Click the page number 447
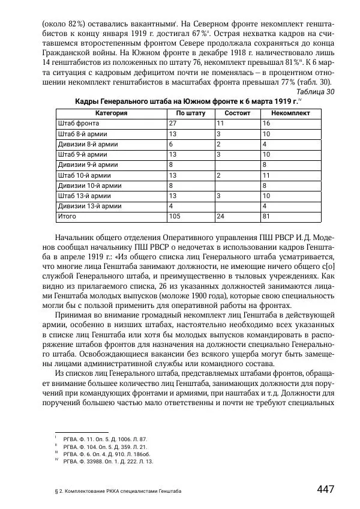tap(325, 489)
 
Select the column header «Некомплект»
tap(289, 113)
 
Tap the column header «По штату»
tap(190, 113)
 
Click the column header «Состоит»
tap(237, 113)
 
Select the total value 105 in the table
tap(175, 215)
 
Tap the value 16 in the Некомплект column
tap(266, 123)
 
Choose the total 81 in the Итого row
tap(266, 215)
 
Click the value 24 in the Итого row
tap(220, 215)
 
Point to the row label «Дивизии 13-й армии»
tap(85, 205)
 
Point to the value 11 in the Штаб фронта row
tap(220, 123)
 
